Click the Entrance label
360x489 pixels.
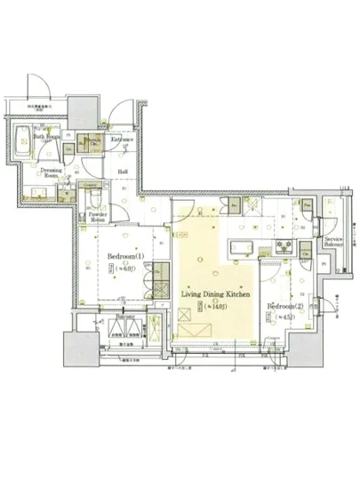(123, 140)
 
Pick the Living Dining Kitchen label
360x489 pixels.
(215, 293)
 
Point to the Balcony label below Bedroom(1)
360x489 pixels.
(124, 316)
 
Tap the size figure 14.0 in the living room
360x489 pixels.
(215, 307)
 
